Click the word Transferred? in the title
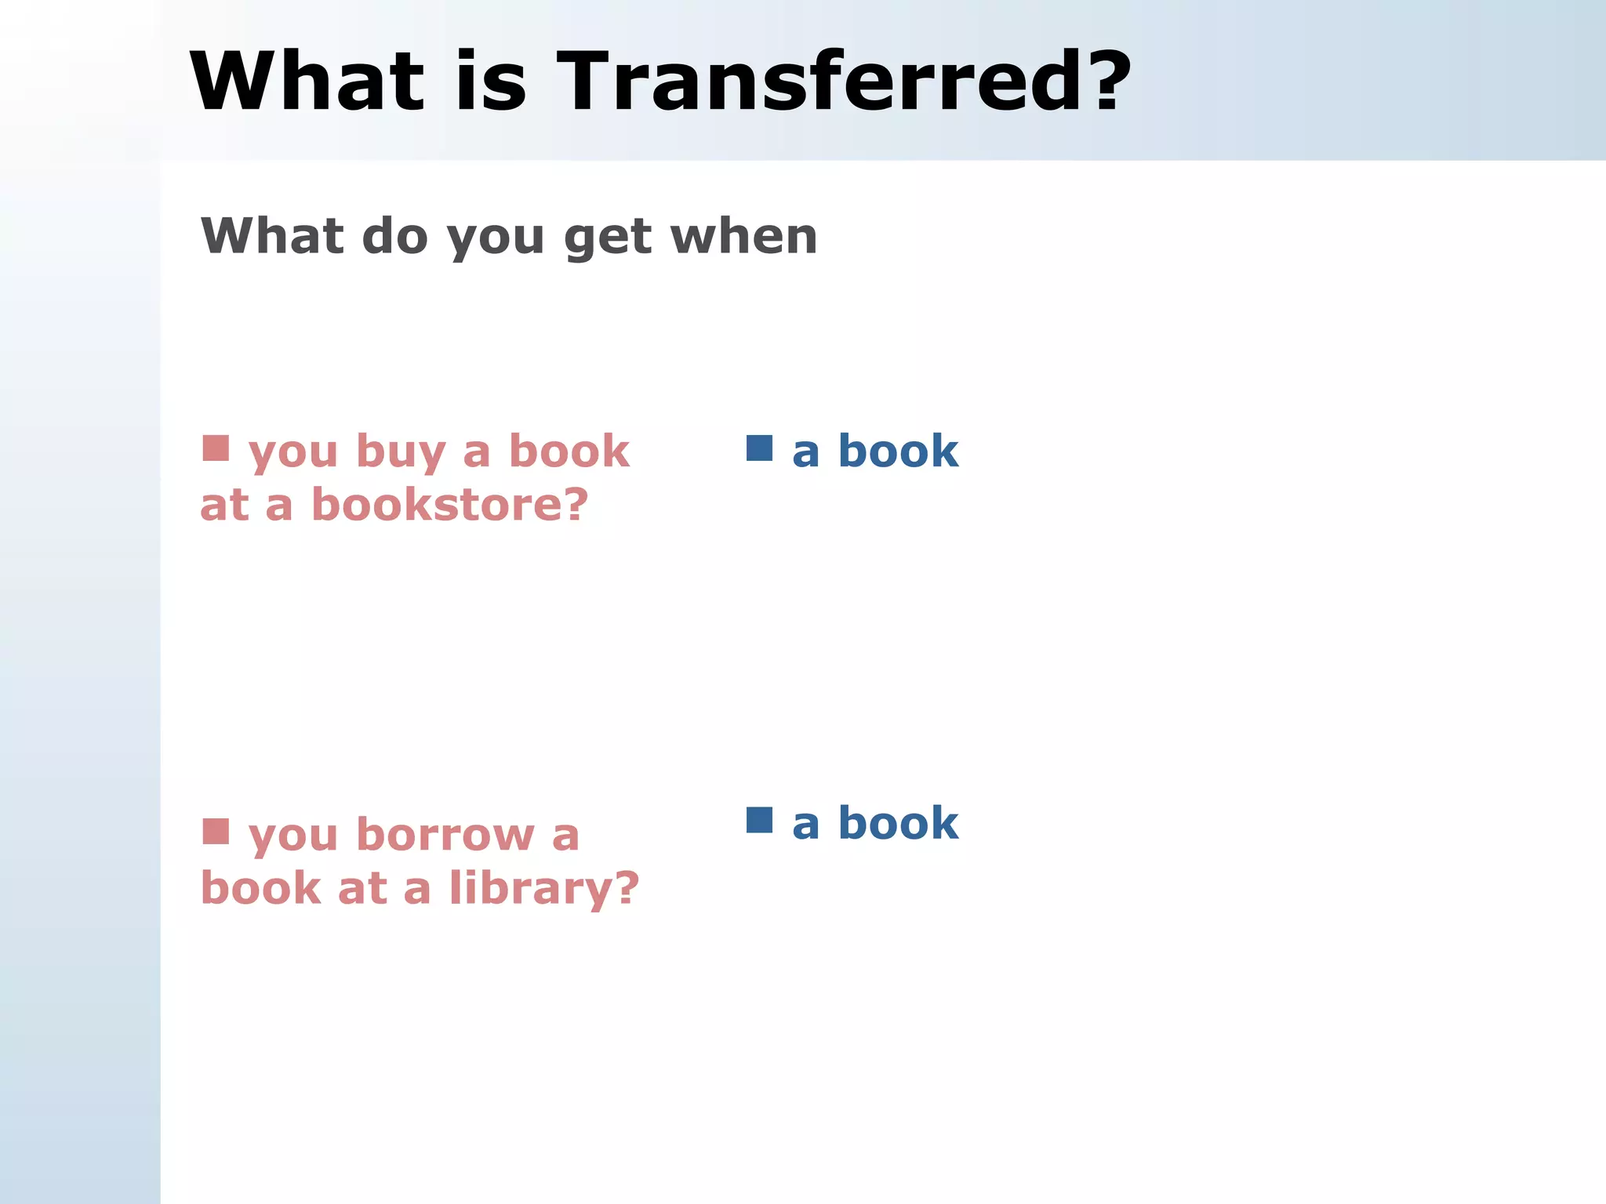[844, 82]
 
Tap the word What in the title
[307, 82]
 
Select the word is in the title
[491, 82]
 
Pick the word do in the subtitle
[394, 236]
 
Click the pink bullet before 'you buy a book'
[216, 448]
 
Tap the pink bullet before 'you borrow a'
[216, 832]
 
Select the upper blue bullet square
[759, 448]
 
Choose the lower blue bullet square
[759, 820]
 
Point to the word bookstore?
[449, 505]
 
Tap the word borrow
[445, 835]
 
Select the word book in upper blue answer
[898, 451]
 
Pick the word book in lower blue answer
[898, 824]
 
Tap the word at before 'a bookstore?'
[224, 506]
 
